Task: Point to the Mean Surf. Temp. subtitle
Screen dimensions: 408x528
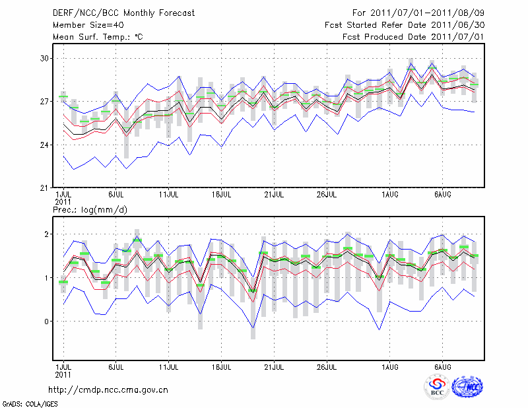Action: tap(98, 37)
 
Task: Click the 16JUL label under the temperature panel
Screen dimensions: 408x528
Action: tap(221, 195)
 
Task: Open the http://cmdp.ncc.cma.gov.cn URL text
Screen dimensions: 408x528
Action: tap(109, 390)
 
